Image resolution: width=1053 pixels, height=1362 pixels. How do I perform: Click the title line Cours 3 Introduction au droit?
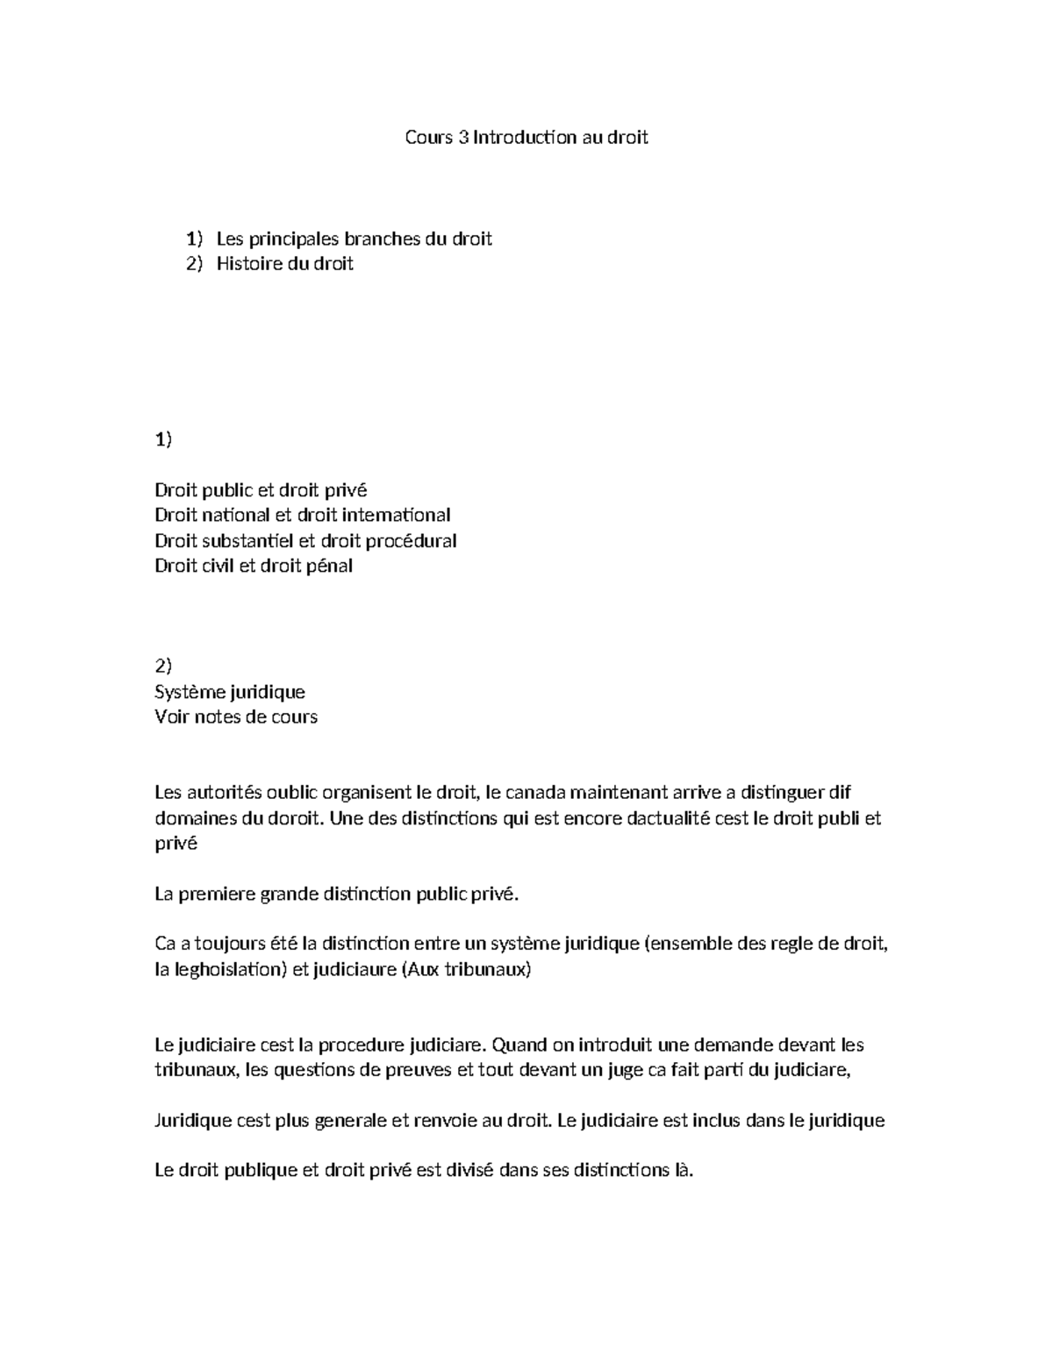(526, 137)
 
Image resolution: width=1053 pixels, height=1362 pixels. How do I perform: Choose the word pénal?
(329, 566)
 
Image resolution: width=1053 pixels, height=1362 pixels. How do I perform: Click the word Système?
(189, 692)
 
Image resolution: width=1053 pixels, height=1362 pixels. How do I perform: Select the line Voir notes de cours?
(236, 717)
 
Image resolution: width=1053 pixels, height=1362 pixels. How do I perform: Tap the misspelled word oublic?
(293, 793)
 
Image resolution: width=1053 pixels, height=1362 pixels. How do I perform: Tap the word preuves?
(419, 1069)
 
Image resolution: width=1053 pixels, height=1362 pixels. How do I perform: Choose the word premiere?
(218, 895)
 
